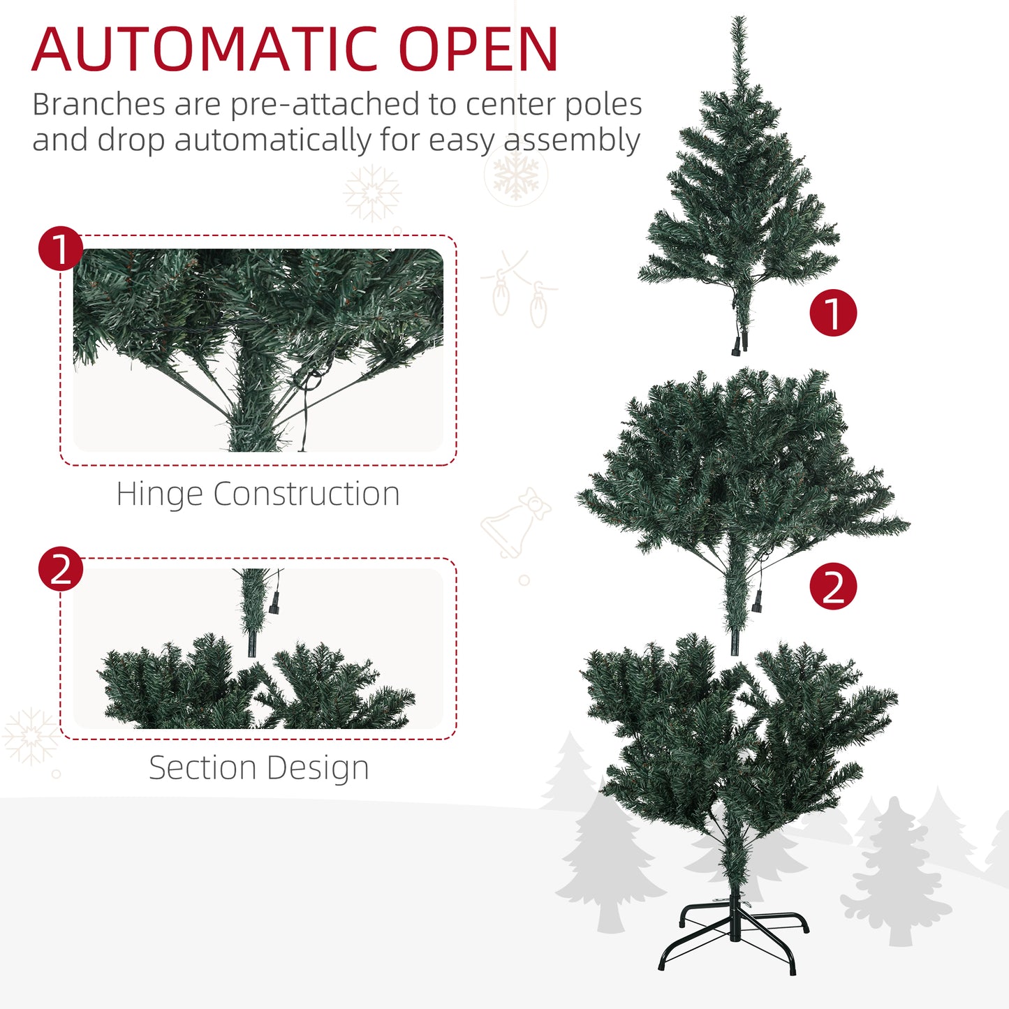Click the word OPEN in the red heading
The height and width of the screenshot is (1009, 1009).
pyautogui.click(x=479, y=50)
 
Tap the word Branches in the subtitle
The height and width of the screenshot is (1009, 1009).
pyautogui.click(x=98, y=105)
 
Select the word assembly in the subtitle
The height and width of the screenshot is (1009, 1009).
pyautogui.click(x=573, y=140)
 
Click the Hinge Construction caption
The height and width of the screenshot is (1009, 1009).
pyautogui.click(x=258, y=494)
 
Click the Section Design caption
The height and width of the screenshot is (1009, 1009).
pyautogui.click(x=258, y=768)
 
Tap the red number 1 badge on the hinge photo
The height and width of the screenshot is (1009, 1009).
pyautogui.click(x=61, y=249)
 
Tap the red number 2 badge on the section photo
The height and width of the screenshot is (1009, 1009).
pyautogui.click(x=61, y=568)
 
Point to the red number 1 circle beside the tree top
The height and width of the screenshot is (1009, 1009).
pyautogui.click(x=832, y=313)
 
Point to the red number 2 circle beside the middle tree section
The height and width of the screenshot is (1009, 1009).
pyautogui.click(x=832, y=586)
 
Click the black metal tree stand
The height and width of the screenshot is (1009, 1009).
pyautogui.click(x=733, y=936)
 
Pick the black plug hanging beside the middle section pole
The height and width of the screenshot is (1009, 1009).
pyautogui.click(x=758, y=601)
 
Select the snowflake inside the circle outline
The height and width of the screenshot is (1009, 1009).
pyautogui.click(x=516, y=175)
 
